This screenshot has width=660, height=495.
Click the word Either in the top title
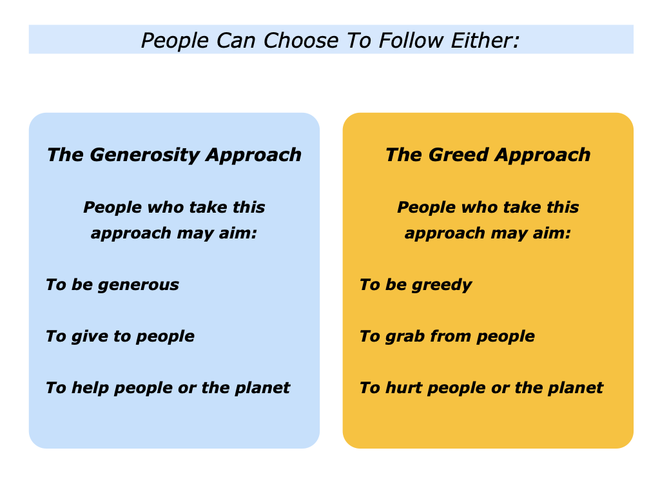click(x=486, y=40)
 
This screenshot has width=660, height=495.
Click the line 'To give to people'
click(x=120, y=336)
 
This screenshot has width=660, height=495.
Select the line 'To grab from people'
click(x=447, y=336)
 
